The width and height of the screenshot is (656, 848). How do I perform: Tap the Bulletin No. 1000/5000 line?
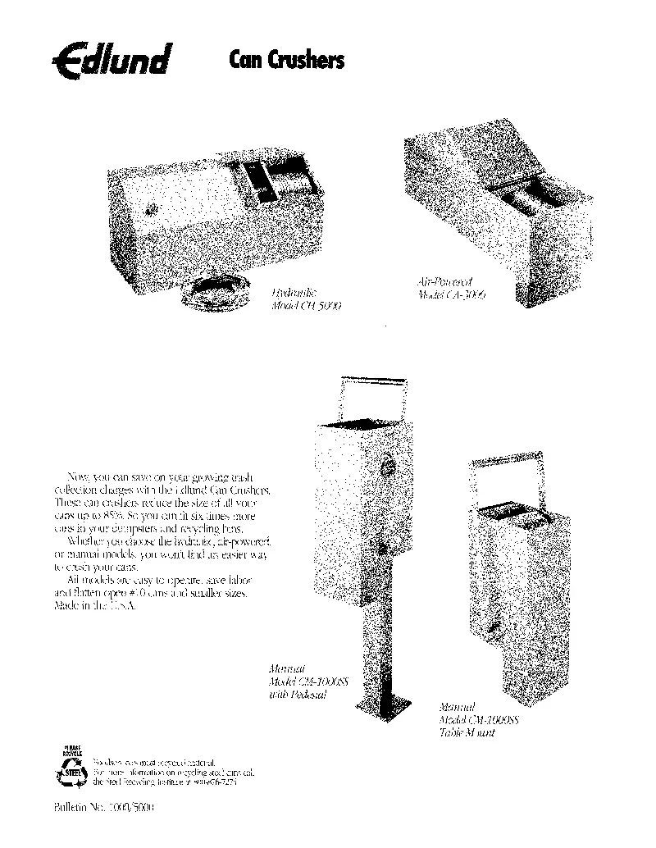tap(103, 807)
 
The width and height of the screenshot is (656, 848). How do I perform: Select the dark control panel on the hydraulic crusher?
tap(257, 181)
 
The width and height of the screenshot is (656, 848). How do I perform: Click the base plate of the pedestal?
tap(387, 705)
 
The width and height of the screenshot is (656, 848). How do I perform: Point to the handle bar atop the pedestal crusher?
tap(374, 381)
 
